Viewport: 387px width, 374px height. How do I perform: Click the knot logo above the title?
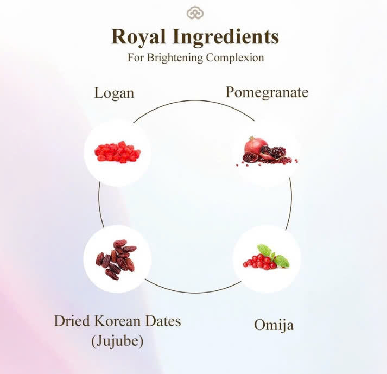click(x=194, y=12)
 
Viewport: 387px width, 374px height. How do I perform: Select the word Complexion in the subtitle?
click(x=234, y=58)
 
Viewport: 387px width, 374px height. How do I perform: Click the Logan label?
click(x=114, y=92)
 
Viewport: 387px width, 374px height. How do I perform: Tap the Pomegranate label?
click(x=267, y=92)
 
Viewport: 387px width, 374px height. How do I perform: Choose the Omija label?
click(x=274, y=325)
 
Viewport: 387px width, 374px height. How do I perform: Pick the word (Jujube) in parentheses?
click(x=117, y=341)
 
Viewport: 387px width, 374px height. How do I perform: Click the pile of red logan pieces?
click(x=117, y=153)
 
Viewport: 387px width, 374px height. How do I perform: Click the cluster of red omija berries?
click(x=260, y=262)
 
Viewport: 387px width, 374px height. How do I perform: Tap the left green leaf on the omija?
click(x=264, y=250)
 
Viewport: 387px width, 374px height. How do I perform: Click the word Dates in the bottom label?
click(x=162, y=320)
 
